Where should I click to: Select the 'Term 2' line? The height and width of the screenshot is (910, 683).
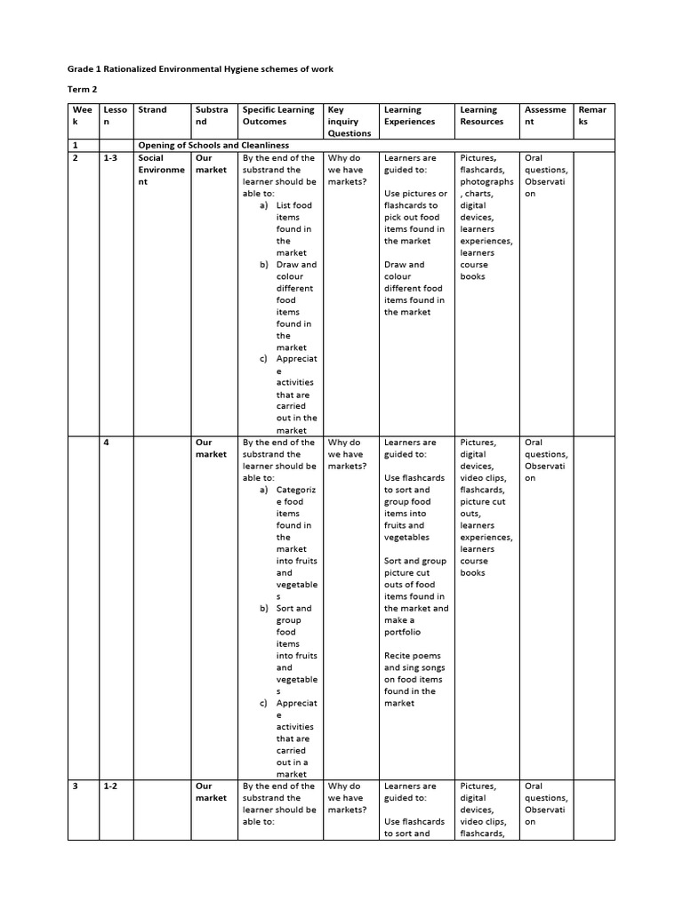(x=83, y=90)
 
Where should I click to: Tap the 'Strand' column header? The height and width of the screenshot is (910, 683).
(x=152, y=110)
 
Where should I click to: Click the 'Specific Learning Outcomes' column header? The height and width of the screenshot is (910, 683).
(x=278, y=116)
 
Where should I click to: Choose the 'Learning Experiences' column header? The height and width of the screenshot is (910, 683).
(x=410, y=116)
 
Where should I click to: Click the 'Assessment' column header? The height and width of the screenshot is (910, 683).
(x=545, y=116)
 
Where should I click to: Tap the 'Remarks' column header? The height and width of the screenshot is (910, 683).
(x=592, y=116)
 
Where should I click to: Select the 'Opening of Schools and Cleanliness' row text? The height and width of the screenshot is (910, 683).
(x=213, y=145)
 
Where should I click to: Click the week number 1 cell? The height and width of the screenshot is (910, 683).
(x=76, y=145)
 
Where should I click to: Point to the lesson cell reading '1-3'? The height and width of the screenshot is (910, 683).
(x=111, y=158)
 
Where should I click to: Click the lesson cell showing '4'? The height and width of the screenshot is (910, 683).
(x=106, y=443)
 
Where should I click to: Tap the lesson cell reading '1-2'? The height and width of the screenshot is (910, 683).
(x=111, y=786)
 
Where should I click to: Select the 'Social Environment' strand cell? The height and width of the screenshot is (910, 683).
(x=161, y=170)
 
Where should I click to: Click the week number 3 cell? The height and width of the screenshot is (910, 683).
(x=76, y=786)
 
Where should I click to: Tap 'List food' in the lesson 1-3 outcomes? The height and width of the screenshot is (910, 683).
(x=294, y=205)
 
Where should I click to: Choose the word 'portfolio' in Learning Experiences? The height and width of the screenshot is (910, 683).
(x=403, y=632)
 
